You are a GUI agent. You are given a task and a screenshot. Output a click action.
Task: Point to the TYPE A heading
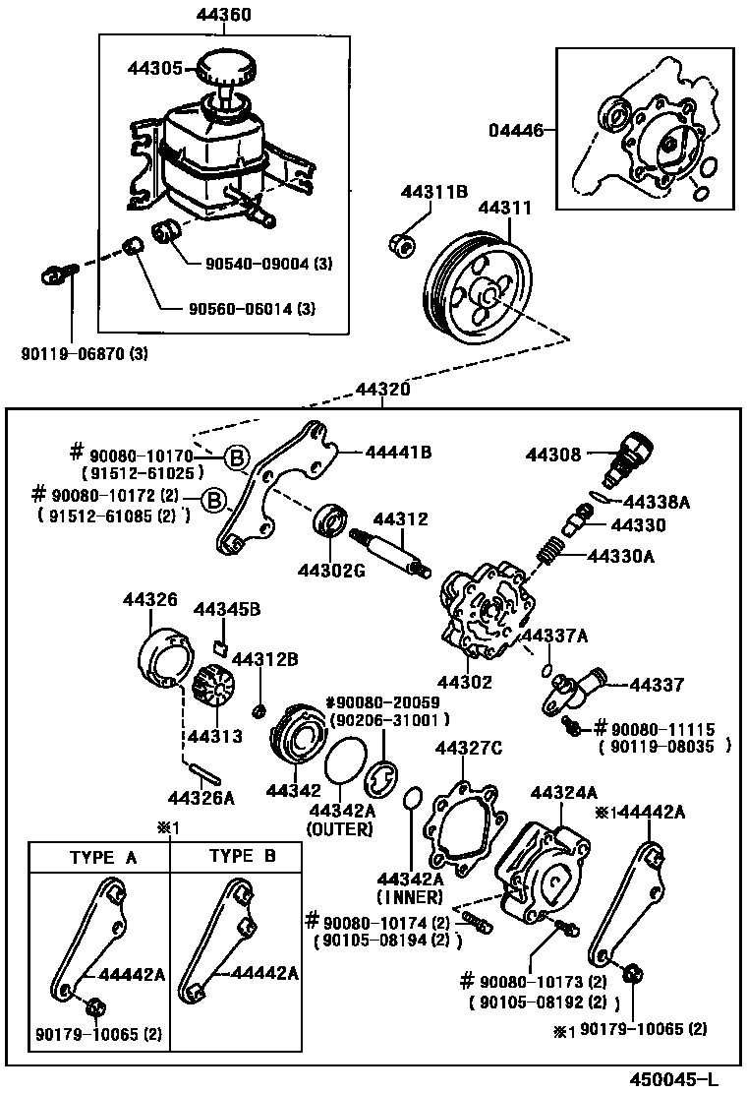(102, 857)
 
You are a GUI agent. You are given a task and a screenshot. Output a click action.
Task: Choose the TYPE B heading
(242, 856)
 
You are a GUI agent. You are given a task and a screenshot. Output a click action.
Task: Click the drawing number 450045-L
(674, 1078)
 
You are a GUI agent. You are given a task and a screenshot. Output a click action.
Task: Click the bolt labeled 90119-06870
(59, 275)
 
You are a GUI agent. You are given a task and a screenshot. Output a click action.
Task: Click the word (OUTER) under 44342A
(339, 828)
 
